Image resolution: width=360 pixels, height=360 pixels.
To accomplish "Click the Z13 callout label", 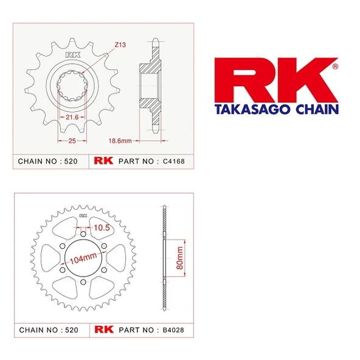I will tap(120, 44).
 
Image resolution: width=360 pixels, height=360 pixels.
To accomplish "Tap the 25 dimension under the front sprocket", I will tap(72, 140).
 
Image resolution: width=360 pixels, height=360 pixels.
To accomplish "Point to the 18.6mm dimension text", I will tap(120, 140).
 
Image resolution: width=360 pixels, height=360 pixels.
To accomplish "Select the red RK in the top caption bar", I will tap(100, 162).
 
